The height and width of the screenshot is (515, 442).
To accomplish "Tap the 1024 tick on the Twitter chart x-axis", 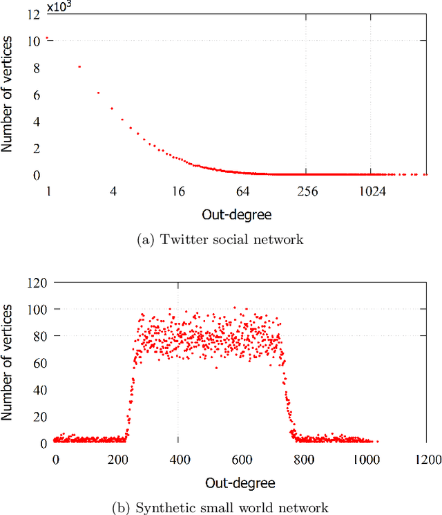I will click(371, 191).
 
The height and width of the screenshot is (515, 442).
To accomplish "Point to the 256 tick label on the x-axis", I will click(307, 191).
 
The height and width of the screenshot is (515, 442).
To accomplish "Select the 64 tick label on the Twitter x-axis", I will click(242, 191).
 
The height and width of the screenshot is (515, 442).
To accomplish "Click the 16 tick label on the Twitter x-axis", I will click(178, 191).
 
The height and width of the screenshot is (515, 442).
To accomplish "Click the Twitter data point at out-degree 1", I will click(47, 39).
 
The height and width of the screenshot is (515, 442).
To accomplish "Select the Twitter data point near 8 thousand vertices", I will click(79, 67).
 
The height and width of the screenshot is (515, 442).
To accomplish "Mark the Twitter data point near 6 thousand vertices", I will click(98, 93).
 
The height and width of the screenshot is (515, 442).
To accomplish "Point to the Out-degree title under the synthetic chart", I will click(241, 482).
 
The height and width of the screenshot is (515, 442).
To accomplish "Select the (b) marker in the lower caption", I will click(122, 507).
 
